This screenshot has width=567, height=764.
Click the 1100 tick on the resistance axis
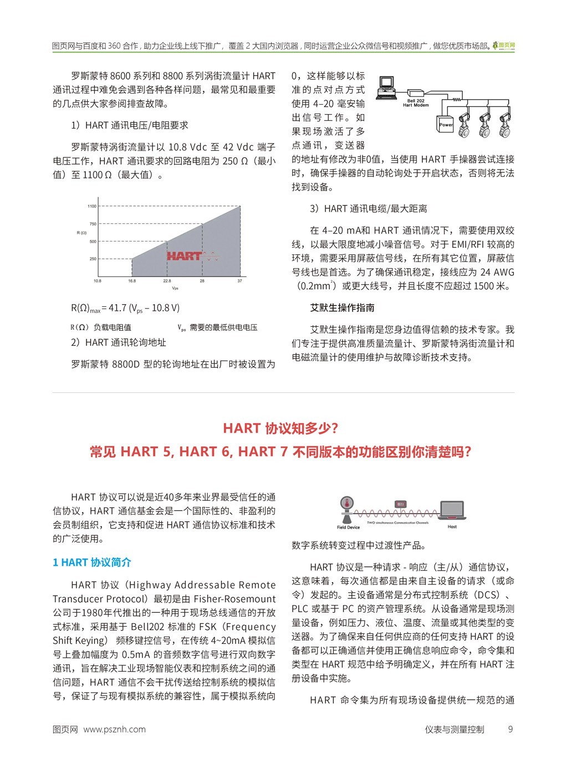pyautogui.click(x=91, y=206)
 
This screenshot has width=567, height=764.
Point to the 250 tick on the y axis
pyautogui.click(x=93, y=259)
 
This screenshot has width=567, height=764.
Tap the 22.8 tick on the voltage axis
pyautogui.click(x=167, y=281)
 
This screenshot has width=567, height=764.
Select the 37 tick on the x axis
pyautogui.click(x=240, y=281)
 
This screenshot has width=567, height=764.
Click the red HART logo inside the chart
pyautogui.click(x=185, y=256)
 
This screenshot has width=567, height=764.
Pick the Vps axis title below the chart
pyautogui.click(x=175, y=288)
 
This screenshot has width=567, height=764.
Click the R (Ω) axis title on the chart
pyautogui.click(x=81, y=233)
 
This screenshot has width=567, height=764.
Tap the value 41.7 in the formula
pyautogui.click(x=118, y=308)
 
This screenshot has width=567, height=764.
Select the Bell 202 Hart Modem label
pyautogui.click(x=416, y=103)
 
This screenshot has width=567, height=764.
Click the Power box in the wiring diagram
pyautogui.click(x=446, y=124)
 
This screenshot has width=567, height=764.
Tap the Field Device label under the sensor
pyautogui.click(x=348, y=527)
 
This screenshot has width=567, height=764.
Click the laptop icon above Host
pyautogui.click(x=452, y=510)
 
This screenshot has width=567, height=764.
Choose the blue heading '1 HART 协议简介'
pyautogui.click(x=92, y=563)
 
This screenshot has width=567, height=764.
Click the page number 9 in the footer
pyautogui.click(x=510, y=730)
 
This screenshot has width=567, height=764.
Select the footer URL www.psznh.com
pyautogui.click(x=114, y=730)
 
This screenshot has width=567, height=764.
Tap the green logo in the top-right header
pyautogui.click(x=504, y=45)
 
